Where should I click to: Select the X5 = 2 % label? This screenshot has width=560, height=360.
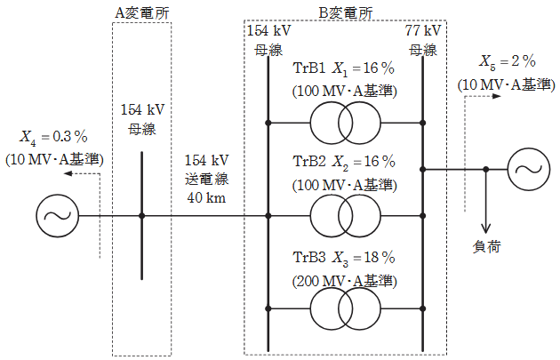506,63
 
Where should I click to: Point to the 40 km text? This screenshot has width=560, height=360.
207,197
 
